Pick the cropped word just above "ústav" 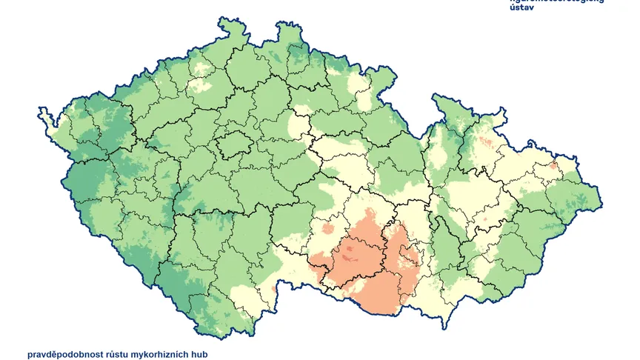[x=556, y=1]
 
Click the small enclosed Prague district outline [x=235, y=144]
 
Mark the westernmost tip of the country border [x=39, y=113]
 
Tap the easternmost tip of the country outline [x=601, y=202]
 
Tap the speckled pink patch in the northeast [x=486, y=141]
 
